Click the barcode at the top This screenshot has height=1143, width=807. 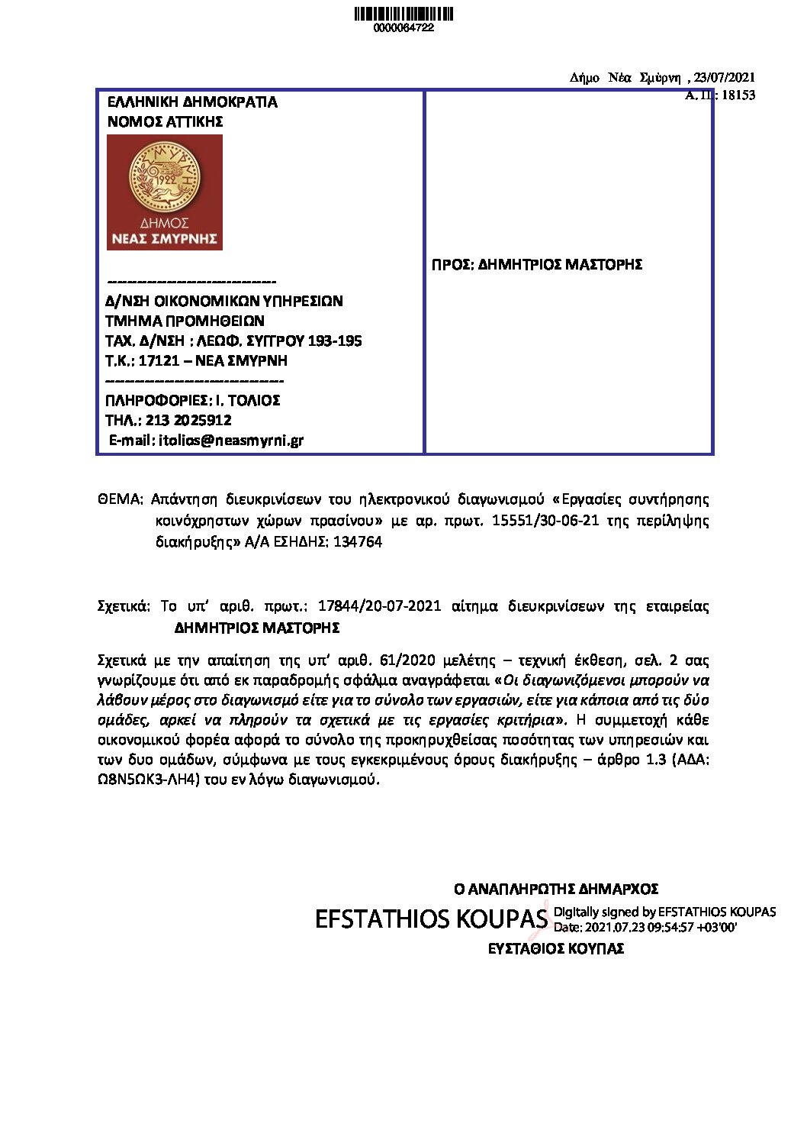(x=404, y=14)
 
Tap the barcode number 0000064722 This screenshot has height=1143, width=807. (x=403, y=28)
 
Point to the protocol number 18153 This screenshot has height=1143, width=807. (x=738, y=95)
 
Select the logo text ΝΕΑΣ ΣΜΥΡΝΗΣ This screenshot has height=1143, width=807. (x=165, y=239)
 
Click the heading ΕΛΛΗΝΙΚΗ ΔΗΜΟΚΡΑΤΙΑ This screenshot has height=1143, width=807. (x=192, y=102)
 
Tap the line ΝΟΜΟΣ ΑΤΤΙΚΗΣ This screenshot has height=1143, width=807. (x=165, y=122)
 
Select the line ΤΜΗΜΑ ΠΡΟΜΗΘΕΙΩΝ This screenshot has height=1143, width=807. (x=185, y=321)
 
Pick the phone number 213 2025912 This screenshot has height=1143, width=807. (x=188, y=420)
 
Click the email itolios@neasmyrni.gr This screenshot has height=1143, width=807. (x=231, y=441)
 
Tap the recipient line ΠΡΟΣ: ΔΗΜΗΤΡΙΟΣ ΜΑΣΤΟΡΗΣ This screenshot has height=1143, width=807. (x=537, y=265)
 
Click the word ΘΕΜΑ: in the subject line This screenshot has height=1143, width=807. (x=120, y=499)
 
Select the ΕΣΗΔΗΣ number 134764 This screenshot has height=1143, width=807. (x=358, y=542)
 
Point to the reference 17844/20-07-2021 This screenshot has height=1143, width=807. (x=379, y=606)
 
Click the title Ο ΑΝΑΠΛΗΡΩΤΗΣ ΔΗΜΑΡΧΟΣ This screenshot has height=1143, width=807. (x=556, y=890)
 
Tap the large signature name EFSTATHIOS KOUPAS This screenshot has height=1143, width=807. (x=431, y=919)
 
